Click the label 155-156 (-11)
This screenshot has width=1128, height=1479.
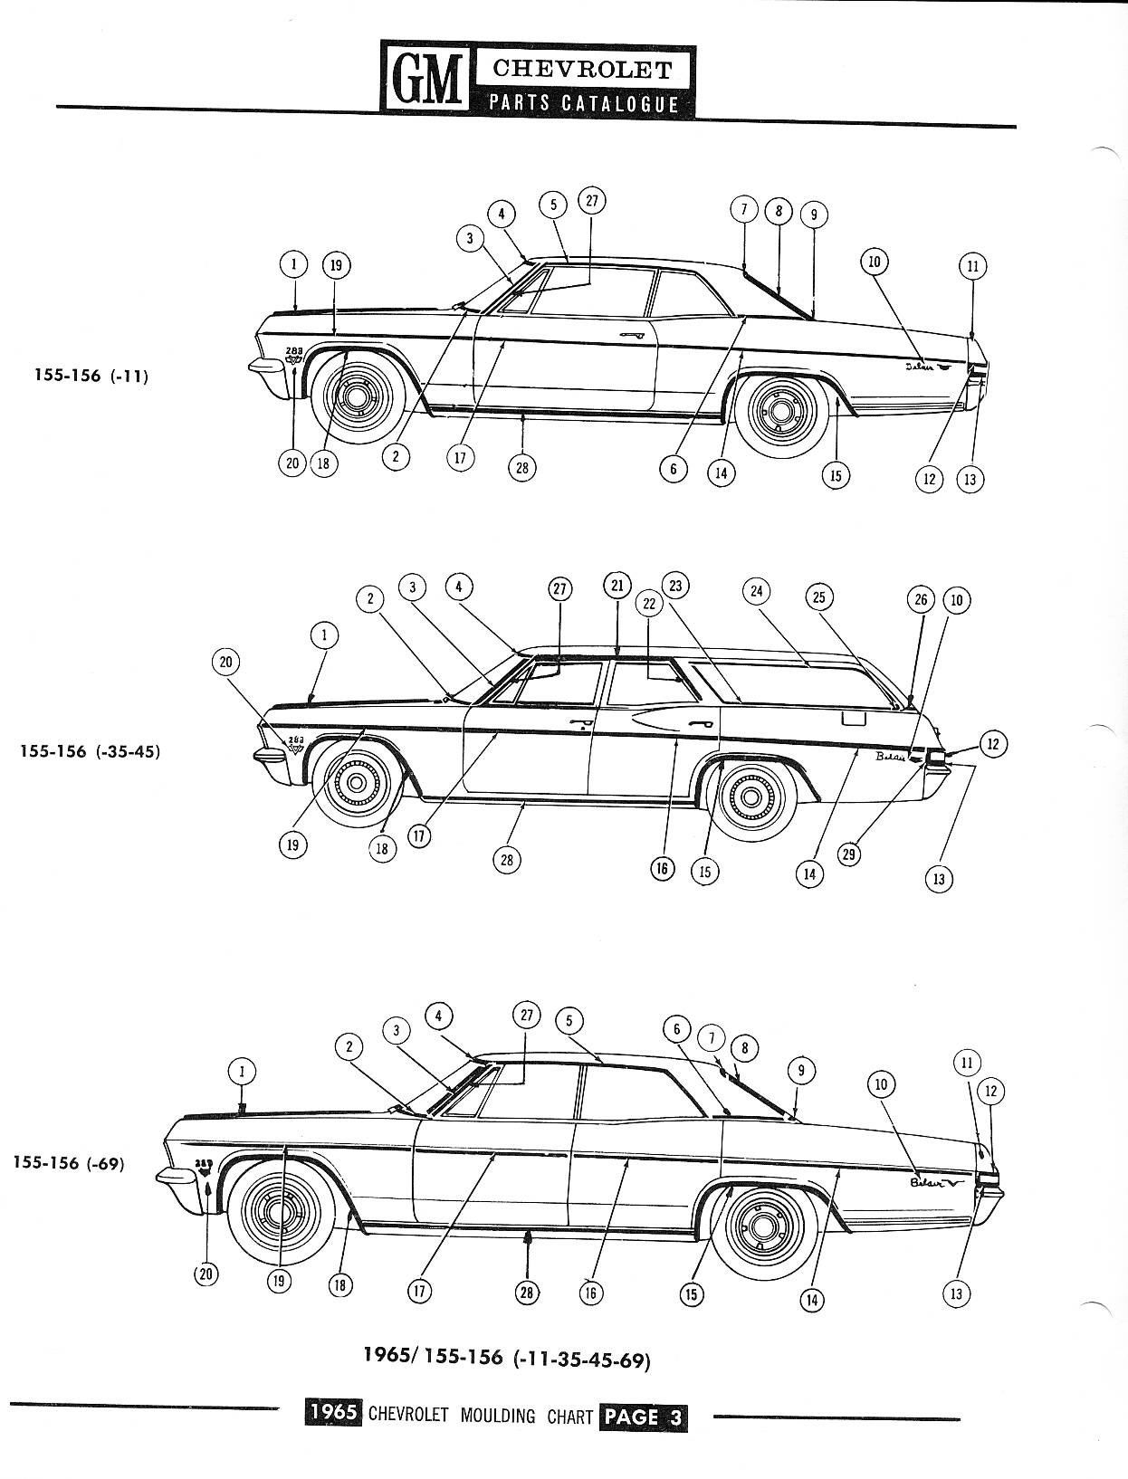point(91,376)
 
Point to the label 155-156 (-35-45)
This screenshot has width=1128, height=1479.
point(91,751)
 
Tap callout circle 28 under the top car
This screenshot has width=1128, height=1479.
point(521,467)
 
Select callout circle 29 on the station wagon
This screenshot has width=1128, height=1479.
point(849,853)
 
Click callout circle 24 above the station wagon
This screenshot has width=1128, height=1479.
point(757,592)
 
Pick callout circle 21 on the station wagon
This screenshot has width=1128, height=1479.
point(617,586)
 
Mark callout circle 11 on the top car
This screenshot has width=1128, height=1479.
point(972,266)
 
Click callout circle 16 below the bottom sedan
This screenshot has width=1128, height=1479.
point(590,1293)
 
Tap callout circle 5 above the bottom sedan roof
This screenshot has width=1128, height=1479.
point(569,1021)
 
